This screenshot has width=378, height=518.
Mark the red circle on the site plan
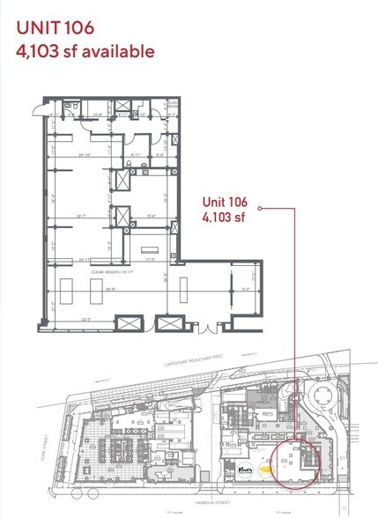[297, 461]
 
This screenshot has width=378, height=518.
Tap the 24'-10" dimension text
[85, 156]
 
